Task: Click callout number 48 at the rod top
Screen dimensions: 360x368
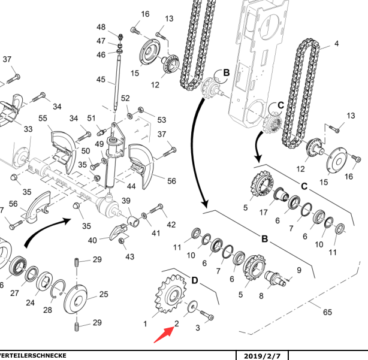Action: pos(101,28)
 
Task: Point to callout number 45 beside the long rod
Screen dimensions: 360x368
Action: pos(101,80)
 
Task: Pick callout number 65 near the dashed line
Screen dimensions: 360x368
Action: pos(327,312)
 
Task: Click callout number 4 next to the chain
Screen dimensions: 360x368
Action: pos(336,44)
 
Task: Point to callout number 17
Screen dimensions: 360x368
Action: pos(263,211)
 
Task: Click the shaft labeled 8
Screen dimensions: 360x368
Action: pos(276,279)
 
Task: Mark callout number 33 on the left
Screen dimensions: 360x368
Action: pos(28,129)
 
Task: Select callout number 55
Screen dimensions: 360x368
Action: pos(43,119)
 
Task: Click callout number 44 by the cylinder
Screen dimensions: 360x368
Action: pos(131,186)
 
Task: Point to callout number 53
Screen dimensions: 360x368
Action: pos(161,120)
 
